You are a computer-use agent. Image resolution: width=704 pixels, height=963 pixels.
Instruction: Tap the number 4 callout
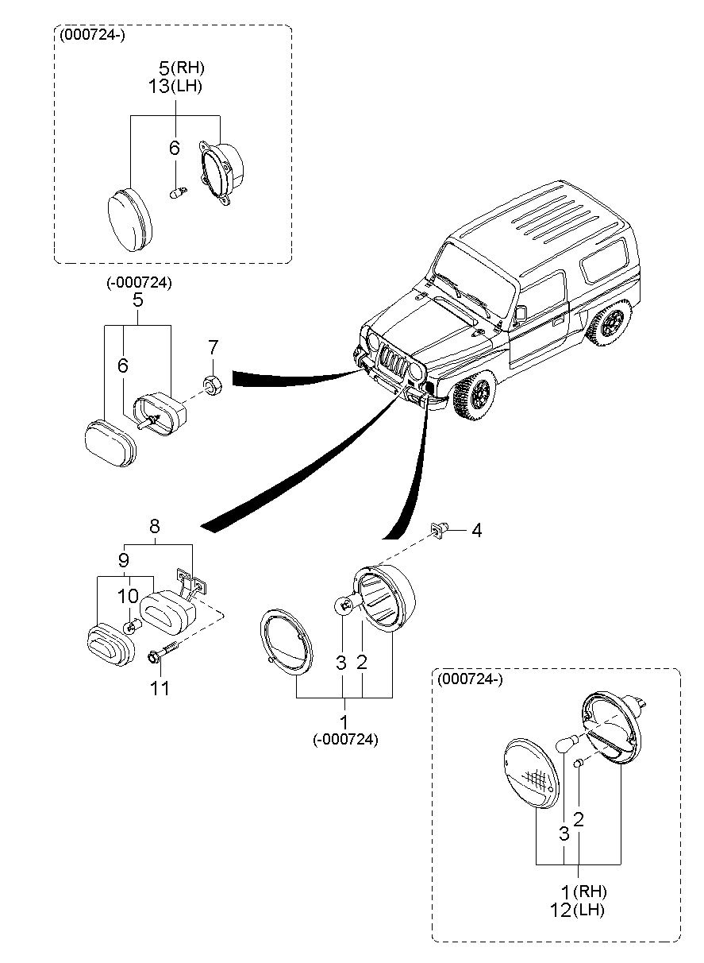(x=476, y=530)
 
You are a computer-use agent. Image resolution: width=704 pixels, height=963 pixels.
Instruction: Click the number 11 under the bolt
(x=160, y=688)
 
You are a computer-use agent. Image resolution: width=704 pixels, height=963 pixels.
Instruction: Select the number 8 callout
(x=154, y=526)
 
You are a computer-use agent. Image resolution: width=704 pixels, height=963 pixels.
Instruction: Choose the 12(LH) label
(x=576, y=910)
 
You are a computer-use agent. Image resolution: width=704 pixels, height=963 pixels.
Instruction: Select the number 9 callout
(x=124, y=560)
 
